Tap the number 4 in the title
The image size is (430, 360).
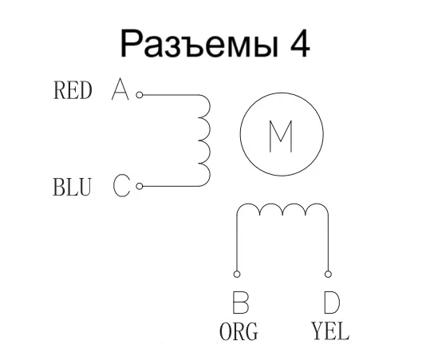[x=297, y=43]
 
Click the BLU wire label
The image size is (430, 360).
[x=71, y=188]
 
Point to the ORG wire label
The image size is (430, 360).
[x=239, y=332]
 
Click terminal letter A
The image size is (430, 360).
[x=120, y=90]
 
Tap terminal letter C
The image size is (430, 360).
[x=120, y=187]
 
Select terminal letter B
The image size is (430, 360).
[x=239, y=303]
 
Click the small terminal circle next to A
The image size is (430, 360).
[x=139, y=94]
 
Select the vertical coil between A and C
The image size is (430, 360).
[x=204, y=140]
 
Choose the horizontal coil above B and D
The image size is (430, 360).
[x=282, y=209]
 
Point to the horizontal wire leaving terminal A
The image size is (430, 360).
[x=168, y=94]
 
